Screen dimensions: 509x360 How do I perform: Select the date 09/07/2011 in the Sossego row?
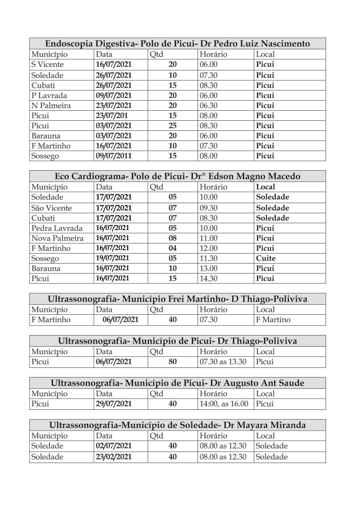pos(114,156)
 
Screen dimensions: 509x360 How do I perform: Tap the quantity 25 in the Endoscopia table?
pos(172,126)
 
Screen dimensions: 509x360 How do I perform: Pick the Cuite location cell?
pos(266,258)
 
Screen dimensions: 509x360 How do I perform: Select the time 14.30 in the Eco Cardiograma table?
pos(208,278)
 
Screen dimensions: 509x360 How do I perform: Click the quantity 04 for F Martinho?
pos(172,248)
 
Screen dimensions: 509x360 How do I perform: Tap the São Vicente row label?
pos(52,208)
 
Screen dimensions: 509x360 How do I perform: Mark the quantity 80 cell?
pos(172,362)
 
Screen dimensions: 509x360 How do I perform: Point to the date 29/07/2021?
pos(114,404)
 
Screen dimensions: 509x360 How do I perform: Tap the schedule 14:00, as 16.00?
pos(224,404)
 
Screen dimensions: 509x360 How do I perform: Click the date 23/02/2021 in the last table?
pos(114,457)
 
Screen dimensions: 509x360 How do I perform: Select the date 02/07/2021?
pos(114,446)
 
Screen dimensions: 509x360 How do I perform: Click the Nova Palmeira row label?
pos(57,238)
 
